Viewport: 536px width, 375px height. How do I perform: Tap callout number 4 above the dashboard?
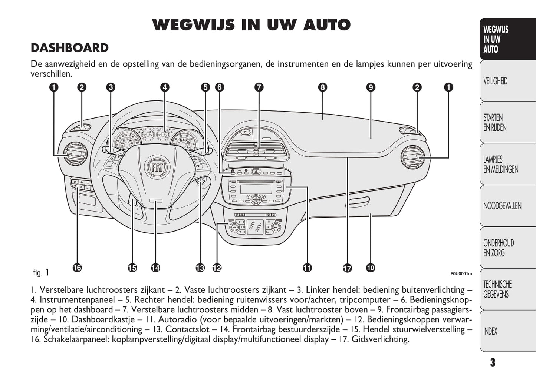tap(165, 87)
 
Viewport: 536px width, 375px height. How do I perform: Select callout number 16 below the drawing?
tap(77, 268)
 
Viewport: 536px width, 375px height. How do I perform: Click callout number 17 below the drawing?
tap(347, 268)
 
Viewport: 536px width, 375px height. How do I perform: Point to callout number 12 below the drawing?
tap(217, 268)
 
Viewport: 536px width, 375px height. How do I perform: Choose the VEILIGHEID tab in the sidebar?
tap(495, 81)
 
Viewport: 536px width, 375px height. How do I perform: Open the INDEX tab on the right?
tap(490, 331)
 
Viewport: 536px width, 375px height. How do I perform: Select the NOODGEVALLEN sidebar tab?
tap(502, 206)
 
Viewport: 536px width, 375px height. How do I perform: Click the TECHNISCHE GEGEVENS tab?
tap(497, 289)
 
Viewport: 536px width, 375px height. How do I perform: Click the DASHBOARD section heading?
tap(70, 48)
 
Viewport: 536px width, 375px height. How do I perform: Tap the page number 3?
tap(492, 362)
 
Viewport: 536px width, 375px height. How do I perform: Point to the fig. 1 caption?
tap(41, 273)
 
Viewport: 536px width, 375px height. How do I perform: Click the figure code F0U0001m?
tap(461, 274)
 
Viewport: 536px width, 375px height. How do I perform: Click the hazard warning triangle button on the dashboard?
tap(256, 172)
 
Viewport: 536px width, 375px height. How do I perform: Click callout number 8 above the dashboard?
tap(322, 87)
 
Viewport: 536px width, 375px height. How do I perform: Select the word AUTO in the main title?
tap(327, 25)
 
